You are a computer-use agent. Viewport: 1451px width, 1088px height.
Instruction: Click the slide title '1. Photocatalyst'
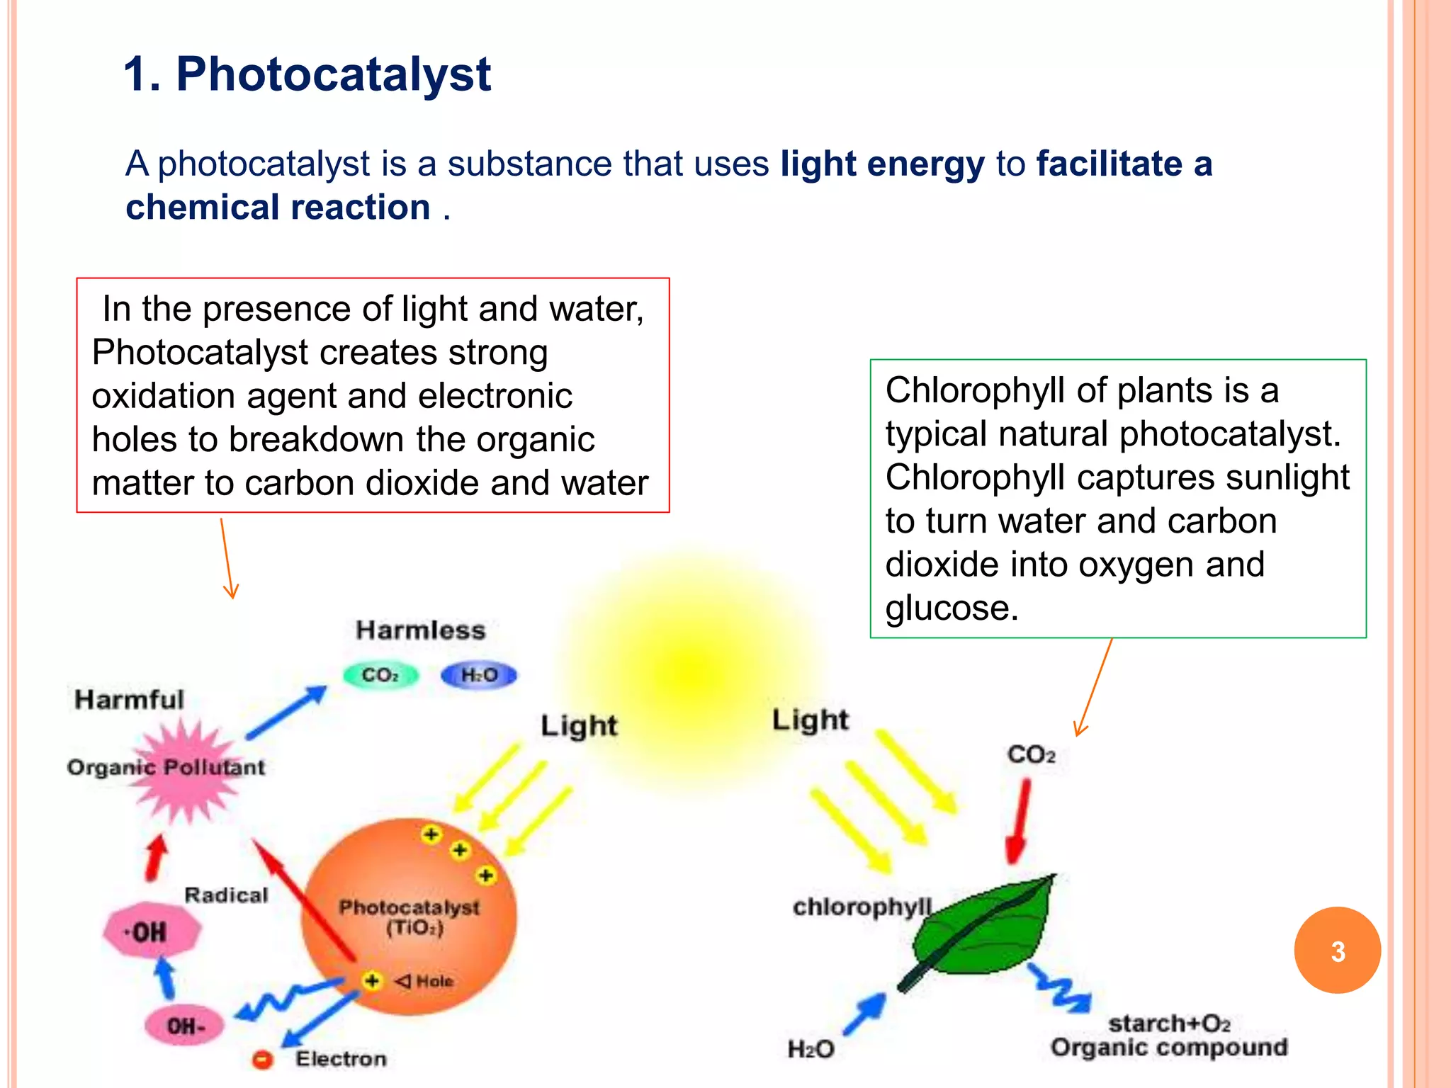307,74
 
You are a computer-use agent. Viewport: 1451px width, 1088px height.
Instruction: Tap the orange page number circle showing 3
1337,951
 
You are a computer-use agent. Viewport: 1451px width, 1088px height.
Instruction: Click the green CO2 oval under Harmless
380,675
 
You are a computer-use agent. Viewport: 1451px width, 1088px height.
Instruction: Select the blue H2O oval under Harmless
479,675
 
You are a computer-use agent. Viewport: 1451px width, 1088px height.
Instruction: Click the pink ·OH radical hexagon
151,931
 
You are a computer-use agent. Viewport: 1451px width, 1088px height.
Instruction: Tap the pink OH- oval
184,1026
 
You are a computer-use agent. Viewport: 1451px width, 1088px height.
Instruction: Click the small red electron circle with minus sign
262,1060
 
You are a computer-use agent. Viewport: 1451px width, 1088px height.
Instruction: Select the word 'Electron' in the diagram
341,1059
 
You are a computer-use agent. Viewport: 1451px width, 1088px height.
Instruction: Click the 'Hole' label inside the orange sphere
434,981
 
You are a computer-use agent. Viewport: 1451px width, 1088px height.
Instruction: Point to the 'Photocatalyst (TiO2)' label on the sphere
410,917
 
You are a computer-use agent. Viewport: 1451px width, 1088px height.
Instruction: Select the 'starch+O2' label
1169,1024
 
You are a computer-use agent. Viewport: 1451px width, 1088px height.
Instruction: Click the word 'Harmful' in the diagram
129,700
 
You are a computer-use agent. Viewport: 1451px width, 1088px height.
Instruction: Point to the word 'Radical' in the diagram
226,895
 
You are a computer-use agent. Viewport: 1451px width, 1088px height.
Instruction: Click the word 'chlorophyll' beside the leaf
862,907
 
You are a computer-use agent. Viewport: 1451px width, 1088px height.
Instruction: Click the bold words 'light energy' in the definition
882,164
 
